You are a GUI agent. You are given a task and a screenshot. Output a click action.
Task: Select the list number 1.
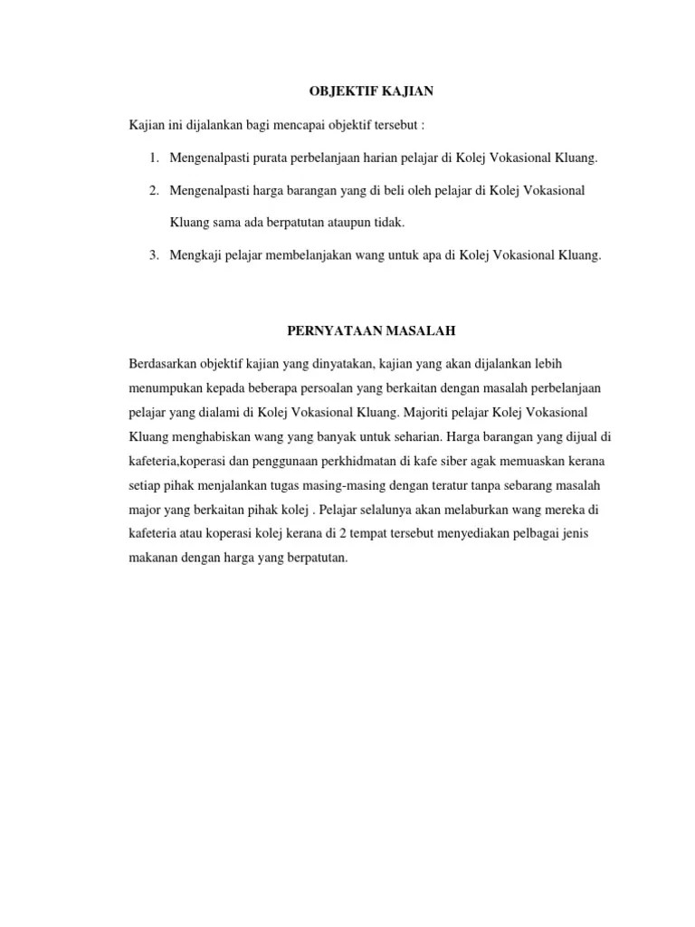click(x=155, y=158)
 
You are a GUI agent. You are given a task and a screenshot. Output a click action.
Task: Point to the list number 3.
click(x=155, y=255)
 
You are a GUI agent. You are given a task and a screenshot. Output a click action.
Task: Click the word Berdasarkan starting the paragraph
click(x=164, y=363)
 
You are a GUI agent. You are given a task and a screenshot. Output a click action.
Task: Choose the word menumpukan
click(x=167, y=387)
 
